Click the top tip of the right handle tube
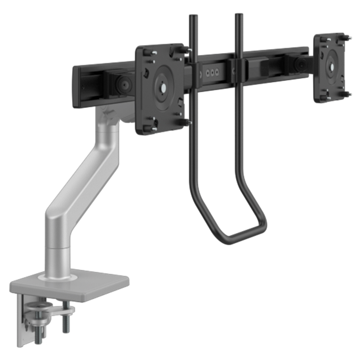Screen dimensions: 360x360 pos(239,16)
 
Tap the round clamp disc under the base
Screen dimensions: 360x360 pos(42,308)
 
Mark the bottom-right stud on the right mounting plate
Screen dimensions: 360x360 pos(348,93)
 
